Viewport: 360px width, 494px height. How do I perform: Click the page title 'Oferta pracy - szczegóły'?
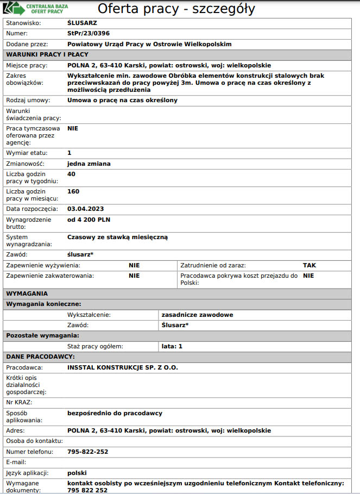tap(176, 9)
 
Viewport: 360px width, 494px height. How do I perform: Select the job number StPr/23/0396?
tap(85, 33)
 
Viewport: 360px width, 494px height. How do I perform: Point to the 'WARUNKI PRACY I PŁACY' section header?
tap(47, 54)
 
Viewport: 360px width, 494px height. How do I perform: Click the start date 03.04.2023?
tap(85, 209)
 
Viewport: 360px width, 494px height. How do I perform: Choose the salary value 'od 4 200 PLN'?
tap(89, 220)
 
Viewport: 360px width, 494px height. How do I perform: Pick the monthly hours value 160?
tap(73, 191)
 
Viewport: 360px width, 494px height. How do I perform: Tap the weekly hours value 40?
tap(71, 174)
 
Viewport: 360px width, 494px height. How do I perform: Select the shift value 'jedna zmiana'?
tap(89, 164)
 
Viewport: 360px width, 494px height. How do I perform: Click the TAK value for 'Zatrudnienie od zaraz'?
tap(310, 266)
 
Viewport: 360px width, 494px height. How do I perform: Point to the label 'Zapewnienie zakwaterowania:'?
tap(50, 276)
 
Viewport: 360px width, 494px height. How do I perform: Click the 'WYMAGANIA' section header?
tap(30, 293)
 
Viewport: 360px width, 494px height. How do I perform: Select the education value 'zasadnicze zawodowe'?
tap(198, 315)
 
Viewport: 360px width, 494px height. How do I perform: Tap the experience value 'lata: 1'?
tap(172, 346)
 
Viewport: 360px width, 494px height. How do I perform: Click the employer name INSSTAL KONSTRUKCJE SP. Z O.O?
tap(123, 367)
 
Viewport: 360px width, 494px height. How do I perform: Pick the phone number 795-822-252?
tap(88, 452)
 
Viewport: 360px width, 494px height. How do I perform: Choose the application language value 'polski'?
tap(77, 472)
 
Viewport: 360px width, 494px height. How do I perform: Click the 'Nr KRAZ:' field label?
tap(19, 402)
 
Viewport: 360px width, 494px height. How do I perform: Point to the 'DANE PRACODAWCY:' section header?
tap(41, 357)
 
